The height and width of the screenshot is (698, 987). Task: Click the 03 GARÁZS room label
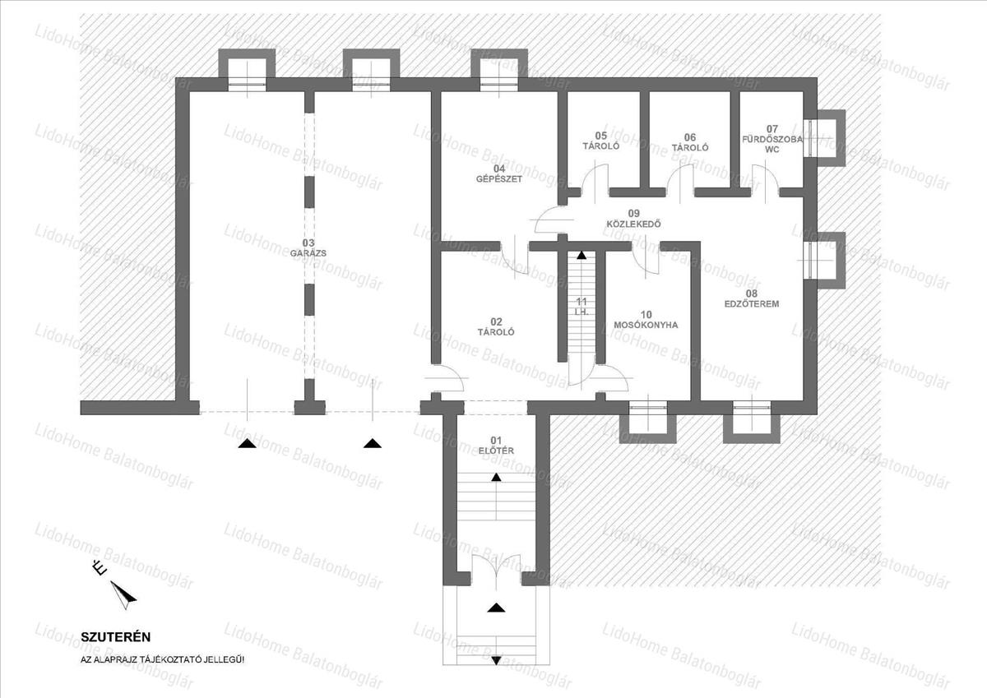click(308, 248)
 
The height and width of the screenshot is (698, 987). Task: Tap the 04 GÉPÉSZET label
click(498, 173)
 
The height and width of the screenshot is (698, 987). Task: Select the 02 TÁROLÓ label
click(496, 326)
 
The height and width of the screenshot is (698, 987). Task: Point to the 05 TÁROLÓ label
click(601, 141)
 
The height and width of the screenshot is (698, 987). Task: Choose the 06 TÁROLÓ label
click(689, 142)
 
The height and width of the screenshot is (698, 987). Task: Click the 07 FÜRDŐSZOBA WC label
click(772, 139)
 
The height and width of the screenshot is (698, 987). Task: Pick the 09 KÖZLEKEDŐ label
click(633, 219)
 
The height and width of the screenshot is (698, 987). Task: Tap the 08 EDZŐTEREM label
click(752, 298)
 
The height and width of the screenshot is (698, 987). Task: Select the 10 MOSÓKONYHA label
click(646, 320)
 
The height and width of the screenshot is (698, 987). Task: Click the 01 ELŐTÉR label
click(496, 446)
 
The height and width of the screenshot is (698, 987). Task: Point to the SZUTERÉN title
click(115, 637)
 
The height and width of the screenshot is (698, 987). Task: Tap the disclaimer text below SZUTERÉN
click(162, 660)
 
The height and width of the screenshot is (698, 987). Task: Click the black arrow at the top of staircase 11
click(582, 255)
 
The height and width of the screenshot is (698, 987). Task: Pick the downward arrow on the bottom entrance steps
click(496, 660)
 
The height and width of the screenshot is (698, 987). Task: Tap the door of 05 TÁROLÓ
click(595, 181)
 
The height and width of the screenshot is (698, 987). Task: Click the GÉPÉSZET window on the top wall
click(498, 84)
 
